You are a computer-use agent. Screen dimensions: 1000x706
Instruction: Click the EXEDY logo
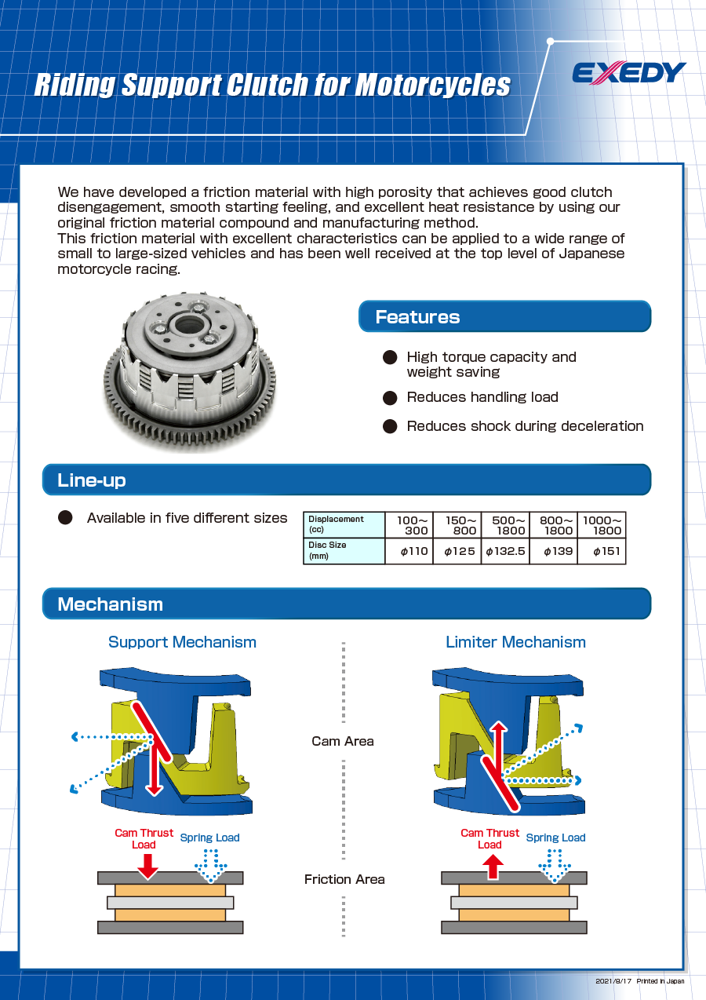click(x=628, y=73)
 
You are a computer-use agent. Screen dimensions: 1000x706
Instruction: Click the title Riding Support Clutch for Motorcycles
click(x=272, y=85)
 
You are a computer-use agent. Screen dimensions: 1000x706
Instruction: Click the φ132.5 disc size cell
click(x=505, y=551)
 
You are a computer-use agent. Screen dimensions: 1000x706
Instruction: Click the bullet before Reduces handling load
click(x=390, y=398)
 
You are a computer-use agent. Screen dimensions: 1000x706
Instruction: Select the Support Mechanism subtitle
click(x=182, y=642)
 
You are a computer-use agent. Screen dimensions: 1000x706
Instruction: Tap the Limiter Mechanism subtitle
click(x=515, y=642)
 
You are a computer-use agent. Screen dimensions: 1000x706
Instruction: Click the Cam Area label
click(x=343, y=741)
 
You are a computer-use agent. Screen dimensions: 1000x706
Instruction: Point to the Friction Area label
click(x=344, y=879)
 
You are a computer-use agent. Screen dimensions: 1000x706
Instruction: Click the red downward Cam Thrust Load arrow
click(x=147, y=866)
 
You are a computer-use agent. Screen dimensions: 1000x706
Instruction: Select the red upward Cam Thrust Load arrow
click(x=492, y=866)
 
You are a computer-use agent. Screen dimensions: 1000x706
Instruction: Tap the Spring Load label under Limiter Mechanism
click(x=555, y=838)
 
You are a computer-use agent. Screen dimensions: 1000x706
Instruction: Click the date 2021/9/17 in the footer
click(x=613, y=981)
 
